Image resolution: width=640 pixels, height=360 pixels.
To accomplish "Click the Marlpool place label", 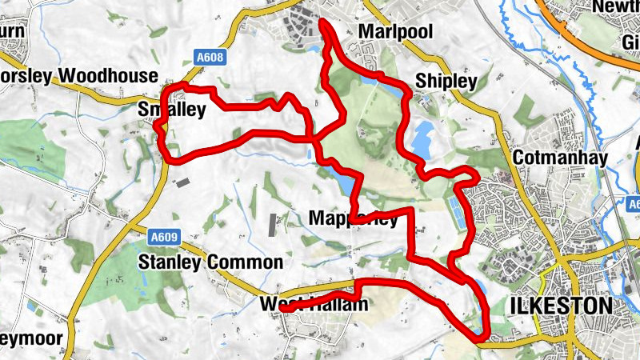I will coord(396,32).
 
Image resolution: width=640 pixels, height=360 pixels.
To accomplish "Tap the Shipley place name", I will coord(446,81).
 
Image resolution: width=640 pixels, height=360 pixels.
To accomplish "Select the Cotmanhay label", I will coord(561,158).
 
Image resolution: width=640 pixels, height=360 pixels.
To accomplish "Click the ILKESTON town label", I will coord(560,305).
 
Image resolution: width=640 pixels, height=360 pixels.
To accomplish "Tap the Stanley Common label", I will coord(210,262).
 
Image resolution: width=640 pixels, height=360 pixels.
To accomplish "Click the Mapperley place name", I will coord(353,218).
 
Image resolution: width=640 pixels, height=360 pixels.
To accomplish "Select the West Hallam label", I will coord(314,305).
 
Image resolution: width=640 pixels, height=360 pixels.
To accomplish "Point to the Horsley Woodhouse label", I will coord(78,76).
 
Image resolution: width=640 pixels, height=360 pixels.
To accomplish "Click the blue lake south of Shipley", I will coord(422,137).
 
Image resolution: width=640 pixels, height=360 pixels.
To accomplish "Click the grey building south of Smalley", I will coord(183,182).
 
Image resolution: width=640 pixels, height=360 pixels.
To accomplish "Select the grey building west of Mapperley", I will coord(273,225).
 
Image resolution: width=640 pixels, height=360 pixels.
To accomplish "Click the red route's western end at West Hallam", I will coord(286,306).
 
